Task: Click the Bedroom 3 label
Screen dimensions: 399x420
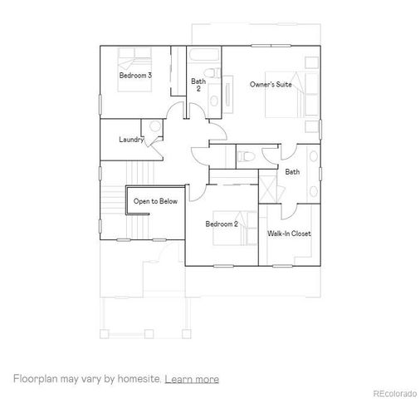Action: [x=135, y=76]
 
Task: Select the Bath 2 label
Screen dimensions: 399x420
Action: [x=198, y=84]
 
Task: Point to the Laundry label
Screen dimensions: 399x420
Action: [x=131, y=139]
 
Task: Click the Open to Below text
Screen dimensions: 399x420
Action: [x=154, y=201]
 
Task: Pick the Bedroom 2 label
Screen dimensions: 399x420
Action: [x=222, y=224]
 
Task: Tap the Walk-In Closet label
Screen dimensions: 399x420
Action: [x=289, y=234]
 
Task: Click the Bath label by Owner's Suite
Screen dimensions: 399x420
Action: [x=292, y=172]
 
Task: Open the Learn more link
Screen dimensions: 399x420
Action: [x=192, y=379]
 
